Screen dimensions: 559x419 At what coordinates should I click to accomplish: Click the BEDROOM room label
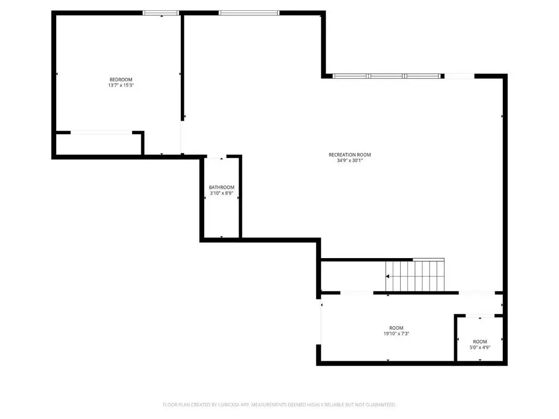click(x=121, y=80)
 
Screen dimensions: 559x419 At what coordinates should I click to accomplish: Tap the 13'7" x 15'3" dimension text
click(x=121, y=86)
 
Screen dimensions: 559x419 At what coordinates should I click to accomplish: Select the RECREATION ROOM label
click(x=350, y=154)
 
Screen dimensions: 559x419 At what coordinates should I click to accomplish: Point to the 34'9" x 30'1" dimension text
click(x=350, y=161)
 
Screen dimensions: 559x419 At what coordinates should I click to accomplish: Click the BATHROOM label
click(x=222, y=188)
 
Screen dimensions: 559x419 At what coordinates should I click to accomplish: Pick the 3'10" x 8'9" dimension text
click(x=222, y=194)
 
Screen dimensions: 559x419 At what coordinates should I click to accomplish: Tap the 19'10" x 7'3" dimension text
click(x=396, y=334)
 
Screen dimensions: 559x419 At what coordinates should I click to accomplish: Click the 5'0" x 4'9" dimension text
click(x=480, y=348)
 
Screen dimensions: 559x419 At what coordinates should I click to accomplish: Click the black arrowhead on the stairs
click(x=388, y=276)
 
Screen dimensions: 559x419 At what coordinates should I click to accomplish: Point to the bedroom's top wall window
click(x=161, y=13)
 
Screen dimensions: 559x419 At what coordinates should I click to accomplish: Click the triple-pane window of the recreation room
click(x=387, y=76)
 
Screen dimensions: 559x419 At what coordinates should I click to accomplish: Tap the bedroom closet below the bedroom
click(x=99, y=144)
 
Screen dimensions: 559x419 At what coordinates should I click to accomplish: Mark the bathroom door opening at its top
click(x=217, y=157)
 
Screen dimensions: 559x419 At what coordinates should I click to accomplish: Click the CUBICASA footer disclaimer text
click(x=279, y=405)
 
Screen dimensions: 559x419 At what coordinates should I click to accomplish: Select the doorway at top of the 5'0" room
click(x=480, y=316)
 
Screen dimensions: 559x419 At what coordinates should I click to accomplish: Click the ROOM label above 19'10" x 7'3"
click(x=396, y=328)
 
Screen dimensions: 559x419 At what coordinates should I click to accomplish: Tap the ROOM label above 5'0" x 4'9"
click(x=480, y=342)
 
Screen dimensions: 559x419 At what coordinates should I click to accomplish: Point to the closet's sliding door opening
click(x=101, y=133)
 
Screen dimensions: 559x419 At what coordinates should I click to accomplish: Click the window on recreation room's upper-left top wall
click(x=249, y=13)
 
